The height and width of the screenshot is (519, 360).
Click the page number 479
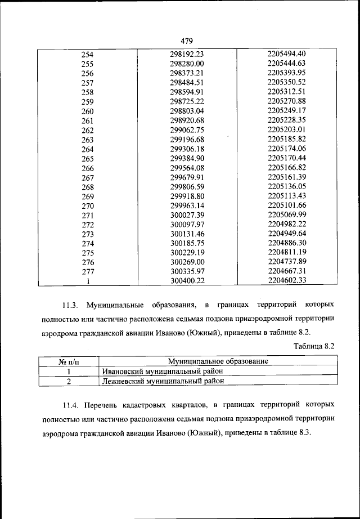coord(187,41)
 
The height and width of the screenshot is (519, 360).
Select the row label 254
coord(88,55)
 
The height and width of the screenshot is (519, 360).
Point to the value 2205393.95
coord(287,73)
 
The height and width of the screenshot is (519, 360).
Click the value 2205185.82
coord(287,138)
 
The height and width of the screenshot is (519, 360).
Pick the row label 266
coord(88,168)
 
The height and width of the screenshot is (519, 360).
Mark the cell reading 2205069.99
coord(287,214)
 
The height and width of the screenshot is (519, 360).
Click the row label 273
coord(88,234)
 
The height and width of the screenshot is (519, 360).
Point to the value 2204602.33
coord(287,280)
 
